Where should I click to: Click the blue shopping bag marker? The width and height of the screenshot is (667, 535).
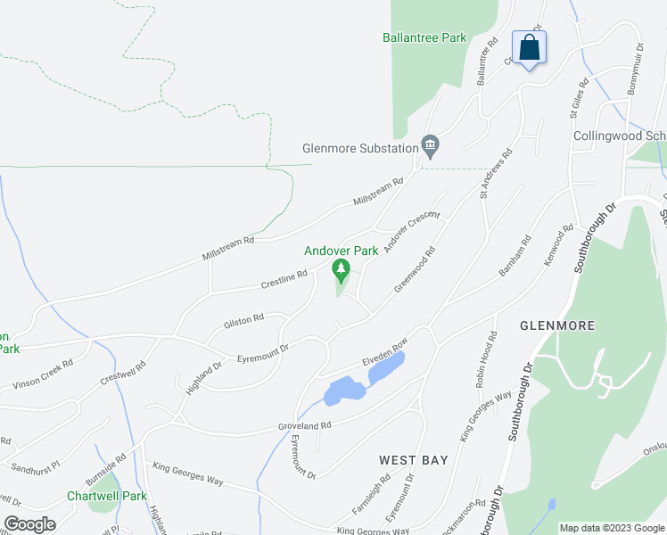[529, 48]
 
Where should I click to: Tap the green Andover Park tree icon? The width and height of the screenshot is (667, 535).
[340, 268]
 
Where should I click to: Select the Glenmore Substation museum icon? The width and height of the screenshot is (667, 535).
[430, 144]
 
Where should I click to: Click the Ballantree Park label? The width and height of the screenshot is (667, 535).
[424, 38]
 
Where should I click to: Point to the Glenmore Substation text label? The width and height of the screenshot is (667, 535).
[360, 149]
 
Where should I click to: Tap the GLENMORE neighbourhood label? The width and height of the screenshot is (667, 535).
[557, 326]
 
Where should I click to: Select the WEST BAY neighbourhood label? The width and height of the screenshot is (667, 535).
[413, 460]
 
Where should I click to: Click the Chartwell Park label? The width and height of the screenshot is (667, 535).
[106, 496]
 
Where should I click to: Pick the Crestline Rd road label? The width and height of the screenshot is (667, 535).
[284, 280]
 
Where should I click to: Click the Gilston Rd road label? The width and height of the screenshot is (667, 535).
[244, 317]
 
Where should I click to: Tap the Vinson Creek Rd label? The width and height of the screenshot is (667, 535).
[43, 375]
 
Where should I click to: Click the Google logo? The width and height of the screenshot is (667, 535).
[29, 524]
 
